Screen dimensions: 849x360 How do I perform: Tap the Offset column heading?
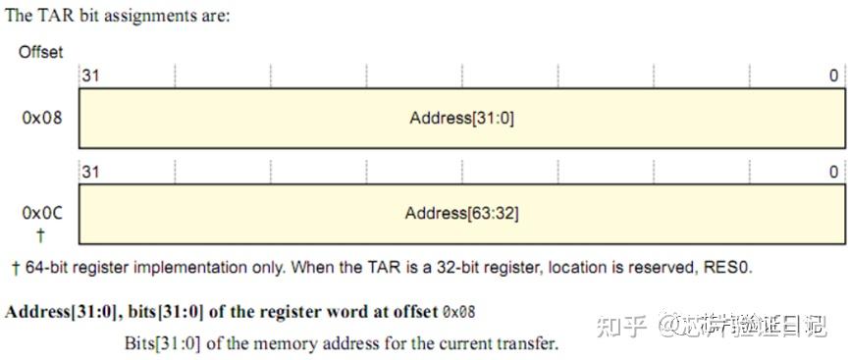click(x=41, y=52)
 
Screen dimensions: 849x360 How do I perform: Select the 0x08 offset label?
click(x=41, y=118)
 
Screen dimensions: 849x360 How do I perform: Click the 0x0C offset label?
click(x=41, y=213)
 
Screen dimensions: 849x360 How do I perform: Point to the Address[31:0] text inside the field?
click(x=461, y=118)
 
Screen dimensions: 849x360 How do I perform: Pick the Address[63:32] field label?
click(x=461, y=213)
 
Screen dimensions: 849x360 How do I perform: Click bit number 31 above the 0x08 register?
click(x=89, y=76)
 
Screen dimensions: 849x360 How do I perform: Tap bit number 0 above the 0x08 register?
click(x=833, y=76)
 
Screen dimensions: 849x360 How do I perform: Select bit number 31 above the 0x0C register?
click(x=89, y=172)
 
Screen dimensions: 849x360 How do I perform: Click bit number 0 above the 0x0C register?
click(x=833, y=172)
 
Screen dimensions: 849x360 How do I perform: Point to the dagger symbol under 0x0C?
click(x=41, y=234)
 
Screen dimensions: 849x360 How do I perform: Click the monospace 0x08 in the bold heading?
click(x=458, y=312)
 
